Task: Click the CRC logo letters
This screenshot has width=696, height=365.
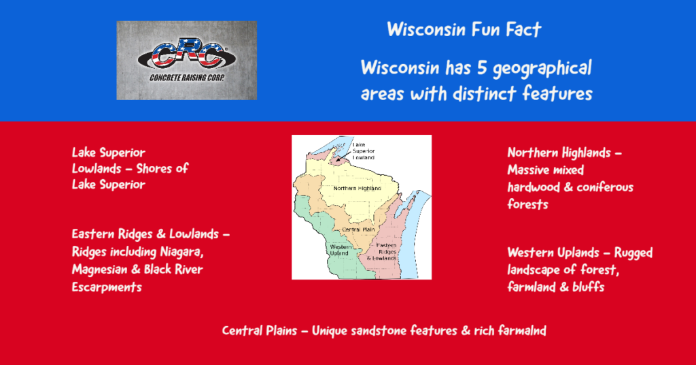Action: click(x=186, y=57)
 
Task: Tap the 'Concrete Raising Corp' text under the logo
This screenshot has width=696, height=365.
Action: click(x=187, y=78)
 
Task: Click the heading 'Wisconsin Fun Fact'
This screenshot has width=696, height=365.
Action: click(x=464, y=30)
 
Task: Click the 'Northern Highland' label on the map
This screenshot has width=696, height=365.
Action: click(x=358, y=189)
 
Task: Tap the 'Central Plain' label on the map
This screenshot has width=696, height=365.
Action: click(x=358, y=229)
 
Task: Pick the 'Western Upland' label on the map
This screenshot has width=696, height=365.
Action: click(x=341, y=250)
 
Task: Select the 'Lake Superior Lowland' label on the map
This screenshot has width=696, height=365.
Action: click(x=364, y=151)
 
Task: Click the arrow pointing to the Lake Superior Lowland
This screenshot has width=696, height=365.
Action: click(x=343, y=156)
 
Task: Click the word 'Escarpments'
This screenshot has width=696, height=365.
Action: click(x=107, y=287)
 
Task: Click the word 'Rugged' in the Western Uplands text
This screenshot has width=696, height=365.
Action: click(x=633, y=253)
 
